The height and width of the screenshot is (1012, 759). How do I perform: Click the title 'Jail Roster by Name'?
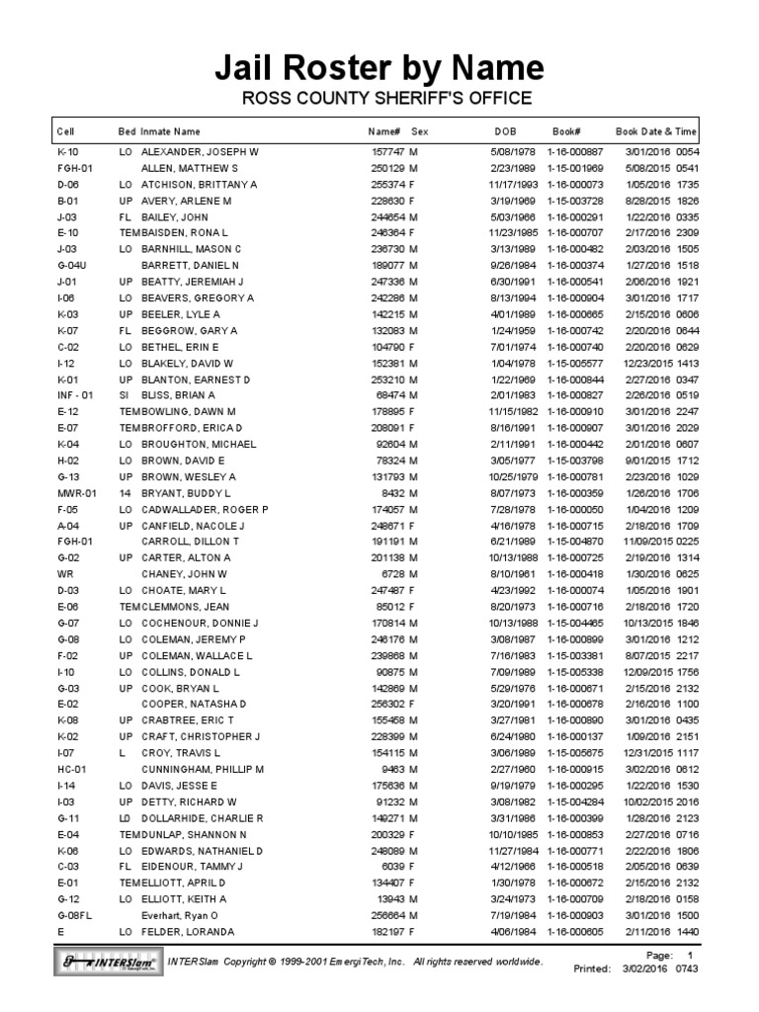click(x=379, y=67)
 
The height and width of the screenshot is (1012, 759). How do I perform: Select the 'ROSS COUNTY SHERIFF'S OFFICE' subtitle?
click(x=379, y=98)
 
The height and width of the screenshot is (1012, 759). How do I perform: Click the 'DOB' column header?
click(x=505, y=130)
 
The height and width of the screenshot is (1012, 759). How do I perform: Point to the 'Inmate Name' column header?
click(x=170, y=130)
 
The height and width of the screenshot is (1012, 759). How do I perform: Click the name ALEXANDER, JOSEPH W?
click(x=200, y=153)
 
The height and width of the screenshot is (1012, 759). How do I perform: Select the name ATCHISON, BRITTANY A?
click(x=200, y=185)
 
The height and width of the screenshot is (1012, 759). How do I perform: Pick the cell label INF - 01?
click(x=76, y=394)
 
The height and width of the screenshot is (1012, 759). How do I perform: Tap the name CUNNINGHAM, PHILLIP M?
click(x=203, y=768)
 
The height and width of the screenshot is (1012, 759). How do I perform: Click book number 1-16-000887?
click(x=579, y=153)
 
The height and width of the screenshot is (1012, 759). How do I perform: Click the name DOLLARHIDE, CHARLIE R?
click(x=203, y=818)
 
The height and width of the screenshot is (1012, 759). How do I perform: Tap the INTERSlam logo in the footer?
click(x=107, y=961)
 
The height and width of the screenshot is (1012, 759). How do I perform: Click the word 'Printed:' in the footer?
click(x=593, y=970)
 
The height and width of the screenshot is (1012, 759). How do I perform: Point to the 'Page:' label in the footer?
click(x=658, y=957)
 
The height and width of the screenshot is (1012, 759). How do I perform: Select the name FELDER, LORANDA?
click(x=189, y=932)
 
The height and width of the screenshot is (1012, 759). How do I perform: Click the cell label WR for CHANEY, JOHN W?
click(x=64, y=573)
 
